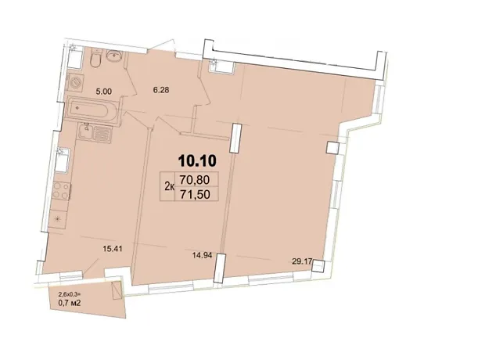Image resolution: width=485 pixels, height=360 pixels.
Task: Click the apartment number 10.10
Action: [197, 161]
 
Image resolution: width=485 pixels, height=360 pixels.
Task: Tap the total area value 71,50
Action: [197, 194]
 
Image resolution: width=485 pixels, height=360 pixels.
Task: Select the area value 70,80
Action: [197, 179]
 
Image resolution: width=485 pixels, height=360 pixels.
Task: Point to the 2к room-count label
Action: [169, 187]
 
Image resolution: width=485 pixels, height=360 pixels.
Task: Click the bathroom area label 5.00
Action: [104, 92]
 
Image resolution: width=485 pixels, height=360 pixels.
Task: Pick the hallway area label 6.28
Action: [161, 90]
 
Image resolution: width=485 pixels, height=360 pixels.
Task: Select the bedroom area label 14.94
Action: [202, 255]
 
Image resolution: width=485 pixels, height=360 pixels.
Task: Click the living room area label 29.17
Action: [302, 261]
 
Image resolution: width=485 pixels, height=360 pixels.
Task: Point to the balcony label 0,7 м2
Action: [70, 304]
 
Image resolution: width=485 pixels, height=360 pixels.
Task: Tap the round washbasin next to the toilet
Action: [114, 56]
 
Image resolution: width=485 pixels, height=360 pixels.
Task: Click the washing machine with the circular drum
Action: [75, 83]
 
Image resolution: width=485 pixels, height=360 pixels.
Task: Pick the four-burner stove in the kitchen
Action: [61, 191]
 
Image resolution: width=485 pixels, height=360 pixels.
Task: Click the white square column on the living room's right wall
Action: [332, 147]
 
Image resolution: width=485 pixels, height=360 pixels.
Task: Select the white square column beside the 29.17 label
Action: [318, 266]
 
